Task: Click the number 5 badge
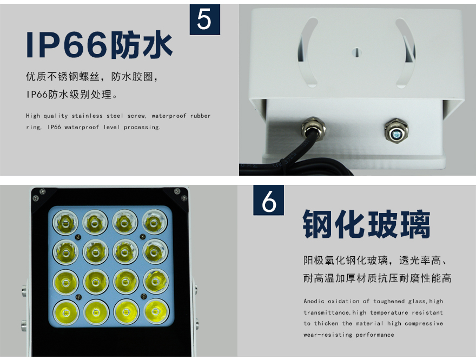pos(205,19)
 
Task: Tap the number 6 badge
pos(269,200)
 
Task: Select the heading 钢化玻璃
pos(366,224)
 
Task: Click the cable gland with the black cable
pos(314,128)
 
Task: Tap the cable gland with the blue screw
pos(396,131)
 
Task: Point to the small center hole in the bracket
pos(356,52)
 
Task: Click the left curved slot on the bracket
pos(307,52)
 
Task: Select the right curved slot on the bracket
pos(406,53)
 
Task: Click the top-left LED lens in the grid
pos(65,223)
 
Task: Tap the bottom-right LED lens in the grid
pos(156,311)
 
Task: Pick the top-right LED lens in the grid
pos(155,222)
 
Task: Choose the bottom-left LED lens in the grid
pos(66,312)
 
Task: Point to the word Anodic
pos(314,301)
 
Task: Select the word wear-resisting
pos(328,335)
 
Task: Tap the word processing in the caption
pos(141,128)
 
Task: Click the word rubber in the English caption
pos(200,116)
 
